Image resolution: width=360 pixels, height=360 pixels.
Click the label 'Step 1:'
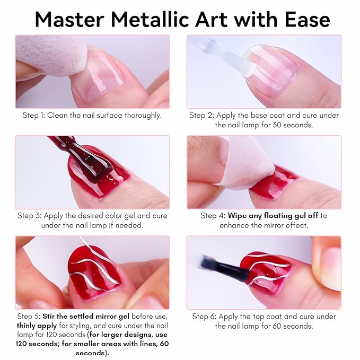(x=34, y=115)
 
